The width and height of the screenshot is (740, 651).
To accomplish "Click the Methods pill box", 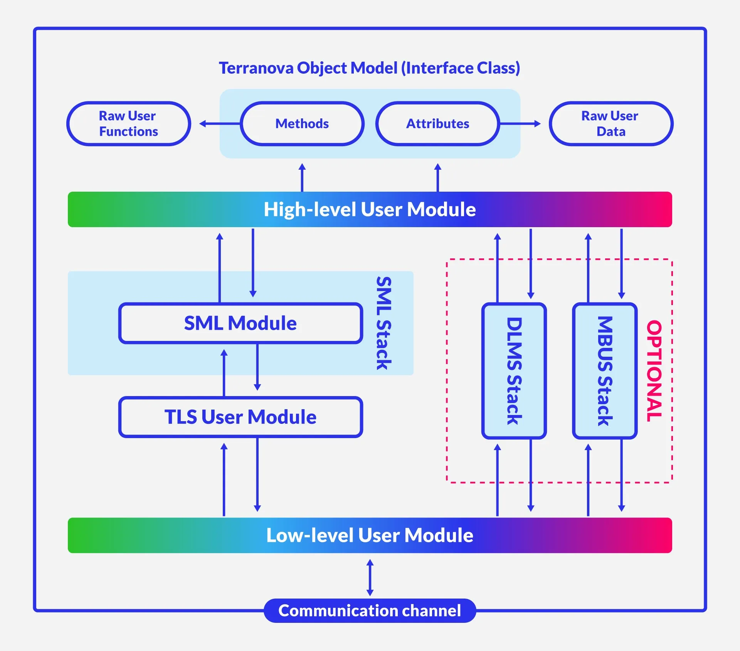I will [302, 124].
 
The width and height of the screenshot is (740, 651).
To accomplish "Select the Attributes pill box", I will [437, 124].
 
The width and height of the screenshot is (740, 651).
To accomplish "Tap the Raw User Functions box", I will [129, 124].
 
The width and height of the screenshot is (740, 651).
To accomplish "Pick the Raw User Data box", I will [611, 124].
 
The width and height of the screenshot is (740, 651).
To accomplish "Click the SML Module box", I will [240, 323].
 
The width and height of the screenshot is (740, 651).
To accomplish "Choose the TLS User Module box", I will [240, 417].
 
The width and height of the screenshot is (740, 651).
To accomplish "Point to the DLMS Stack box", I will [514, 371].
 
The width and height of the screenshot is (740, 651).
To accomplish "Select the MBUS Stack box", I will [605, 371].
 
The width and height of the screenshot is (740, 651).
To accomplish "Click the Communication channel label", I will [370, 611].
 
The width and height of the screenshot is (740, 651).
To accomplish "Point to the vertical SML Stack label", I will [384, 323].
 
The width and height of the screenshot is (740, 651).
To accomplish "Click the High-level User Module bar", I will [370, 209].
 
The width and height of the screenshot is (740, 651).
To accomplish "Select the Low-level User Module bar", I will [370, 535].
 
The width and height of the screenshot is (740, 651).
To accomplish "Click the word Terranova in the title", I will [256, 68].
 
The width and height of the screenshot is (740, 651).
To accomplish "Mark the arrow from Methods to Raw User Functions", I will [220, 124].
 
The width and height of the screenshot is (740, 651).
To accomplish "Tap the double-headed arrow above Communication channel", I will [370, 577].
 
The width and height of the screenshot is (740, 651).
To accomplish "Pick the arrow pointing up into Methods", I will [302, 177].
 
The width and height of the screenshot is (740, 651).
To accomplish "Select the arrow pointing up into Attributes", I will [437, 177].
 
